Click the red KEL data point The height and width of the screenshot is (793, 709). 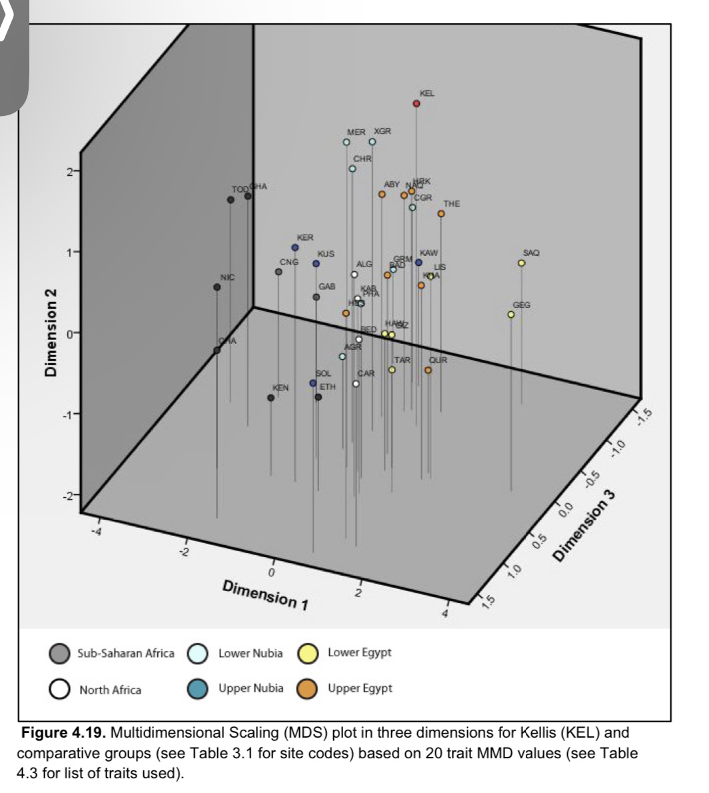click(416, 104)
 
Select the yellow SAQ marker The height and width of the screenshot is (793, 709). click(522, 263)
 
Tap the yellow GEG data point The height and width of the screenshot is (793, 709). click(511, 315)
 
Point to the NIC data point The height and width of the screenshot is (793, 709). click(217, 287)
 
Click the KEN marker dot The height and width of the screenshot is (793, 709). click(271, 398)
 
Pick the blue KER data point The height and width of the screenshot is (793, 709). click(295, 248)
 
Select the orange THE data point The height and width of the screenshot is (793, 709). click(441, 214)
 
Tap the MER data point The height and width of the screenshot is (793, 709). click(347, 142)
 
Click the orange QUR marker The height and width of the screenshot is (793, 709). click(428, 371)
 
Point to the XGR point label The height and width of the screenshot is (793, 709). click(382, 132)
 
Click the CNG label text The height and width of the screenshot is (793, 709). click(289, 262)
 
